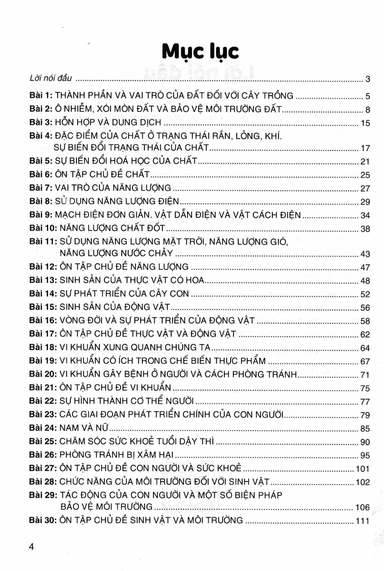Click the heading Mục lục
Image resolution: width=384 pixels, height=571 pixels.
click(x=200, y=52)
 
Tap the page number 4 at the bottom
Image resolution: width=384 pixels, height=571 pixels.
click(x=31, y=547)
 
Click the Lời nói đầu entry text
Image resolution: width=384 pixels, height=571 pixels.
click(x=51, y=78)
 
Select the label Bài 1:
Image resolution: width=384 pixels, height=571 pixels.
click(x=41, y=95)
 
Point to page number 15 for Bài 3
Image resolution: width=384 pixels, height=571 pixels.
click(x=365, y=123)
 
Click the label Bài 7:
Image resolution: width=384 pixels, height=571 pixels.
click(x=41, y=188)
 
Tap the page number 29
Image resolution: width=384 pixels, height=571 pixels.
click(x=365, y=202)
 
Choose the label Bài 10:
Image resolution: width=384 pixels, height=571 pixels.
click(x=43, y=228)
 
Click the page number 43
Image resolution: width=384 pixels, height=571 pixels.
click(x=365, y=254)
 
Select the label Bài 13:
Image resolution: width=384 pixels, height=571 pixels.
click(x=43, y=280)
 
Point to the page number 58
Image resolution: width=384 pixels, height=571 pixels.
click(x=365, y=321)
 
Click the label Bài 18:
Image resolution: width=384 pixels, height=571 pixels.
click(x=43, y=347)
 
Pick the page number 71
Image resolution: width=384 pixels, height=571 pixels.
click(x=365, y=375)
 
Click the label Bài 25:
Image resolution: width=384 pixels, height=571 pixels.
click(x=43, y=441)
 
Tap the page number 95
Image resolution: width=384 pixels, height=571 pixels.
click(x=365, y=455)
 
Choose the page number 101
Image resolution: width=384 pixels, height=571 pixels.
click(x=363, y=469)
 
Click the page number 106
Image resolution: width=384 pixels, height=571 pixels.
click(x=363, y=507)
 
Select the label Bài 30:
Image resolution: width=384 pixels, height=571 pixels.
click(x=43, y=520)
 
